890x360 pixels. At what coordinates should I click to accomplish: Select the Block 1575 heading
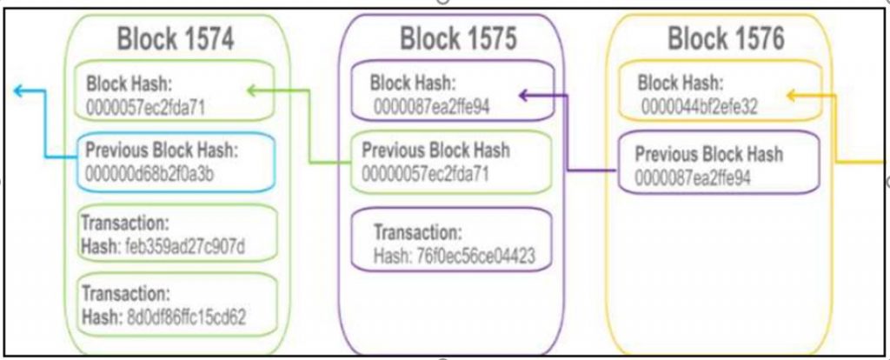click(458, 39)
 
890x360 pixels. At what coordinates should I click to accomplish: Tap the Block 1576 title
click(726, 39)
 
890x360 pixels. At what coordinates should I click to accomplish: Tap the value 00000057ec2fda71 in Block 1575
click(425, 174)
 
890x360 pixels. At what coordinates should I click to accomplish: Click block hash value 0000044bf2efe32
click(700, 106)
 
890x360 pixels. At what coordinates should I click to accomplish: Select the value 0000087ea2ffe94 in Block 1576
click(693, 177)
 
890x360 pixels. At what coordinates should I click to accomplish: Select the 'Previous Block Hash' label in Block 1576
click(708, 155)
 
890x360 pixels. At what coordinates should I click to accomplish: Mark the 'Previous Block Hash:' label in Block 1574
click(162, 150)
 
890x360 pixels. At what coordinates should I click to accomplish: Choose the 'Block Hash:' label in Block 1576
click(680, 83)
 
